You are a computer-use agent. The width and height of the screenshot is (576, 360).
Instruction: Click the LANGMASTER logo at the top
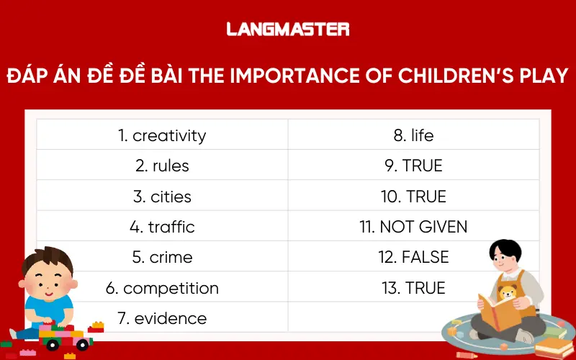click(x=287, y=29)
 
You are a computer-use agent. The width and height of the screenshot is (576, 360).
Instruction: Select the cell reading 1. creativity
click(x=162, y=135)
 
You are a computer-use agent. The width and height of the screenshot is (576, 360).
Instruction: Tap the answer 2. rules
click(x=162, y=166)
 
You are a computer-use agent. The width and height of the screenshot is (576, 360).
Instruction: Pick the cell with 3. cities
click(x=162, y=197)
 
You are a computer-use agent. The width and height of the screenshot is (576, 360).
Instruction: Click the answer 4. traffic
click(x=162, y=227)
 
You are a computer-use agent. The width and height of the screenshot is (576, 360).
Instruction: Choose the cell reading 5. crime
click(x=162, y=257)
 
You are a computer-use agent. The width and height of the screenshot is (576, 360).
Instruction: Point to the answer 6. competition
click(x=162, y=288)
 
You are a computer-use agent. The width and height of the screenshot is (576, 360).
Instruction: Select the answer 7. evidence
click(x=162, y=318)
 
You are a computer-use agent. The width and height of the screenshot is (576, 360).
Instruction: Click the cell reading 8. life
click(x=413, y=135)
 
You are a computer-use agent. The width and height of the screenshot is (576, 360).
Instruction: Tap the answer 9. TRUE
click(x=413, y=166)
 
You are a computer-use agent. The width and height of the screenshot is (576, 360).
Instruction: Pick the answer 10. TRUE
click(x=413, y=197)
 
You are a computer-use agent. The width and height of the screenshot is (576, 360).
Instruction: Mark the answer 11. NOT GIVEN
click(x=413, y=227)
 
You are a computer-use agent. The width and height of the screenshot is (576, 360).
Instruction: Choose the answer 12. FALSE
click(x=413, y=257)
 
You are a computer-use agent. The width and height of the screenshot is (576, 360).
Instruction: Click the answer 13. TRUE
click(x=413, y=288)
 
